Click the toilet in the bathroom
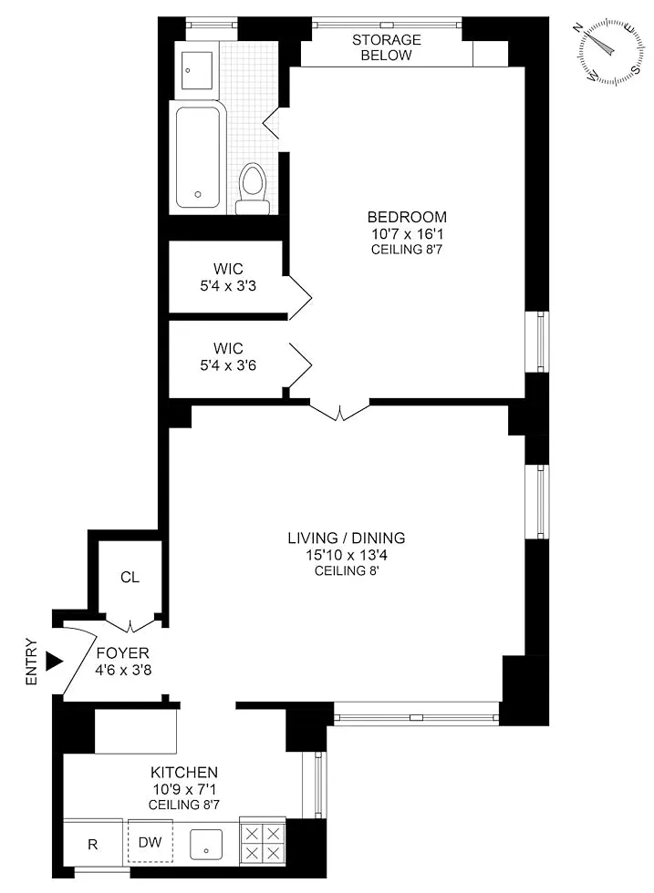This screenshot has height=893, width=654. (253, 189)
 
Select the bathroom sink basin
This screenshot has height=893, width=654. (197, 71)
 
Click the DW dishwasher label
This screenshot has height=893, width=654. (151, 842)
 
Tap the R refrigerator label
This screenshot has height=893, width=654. (92, 845)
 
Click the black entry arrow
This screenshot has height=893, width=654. (54, 662)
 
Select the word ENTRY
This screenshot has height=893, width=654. (31, 662)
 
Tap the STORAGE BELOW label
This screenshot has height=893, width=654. (387, 47)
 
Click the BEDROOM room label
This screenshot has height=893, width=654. (407, 217)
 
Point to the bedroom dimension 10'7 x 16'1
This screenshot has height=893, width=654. (407, 233)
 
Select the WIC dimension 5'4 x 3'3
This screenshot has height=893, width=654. (228, 286)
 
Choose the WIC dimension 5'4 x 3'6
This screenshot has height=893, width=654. (228, 365)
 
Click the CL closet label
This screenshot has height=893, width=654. (130, 578)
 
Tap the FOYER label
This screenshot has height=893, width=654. (122, 653)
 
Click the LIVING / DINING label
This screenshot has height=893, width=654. (347, 539)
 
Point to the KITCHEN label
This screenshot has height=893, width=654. (184, 773)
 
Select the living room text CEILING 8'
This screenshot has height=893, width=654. (347, 571)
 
